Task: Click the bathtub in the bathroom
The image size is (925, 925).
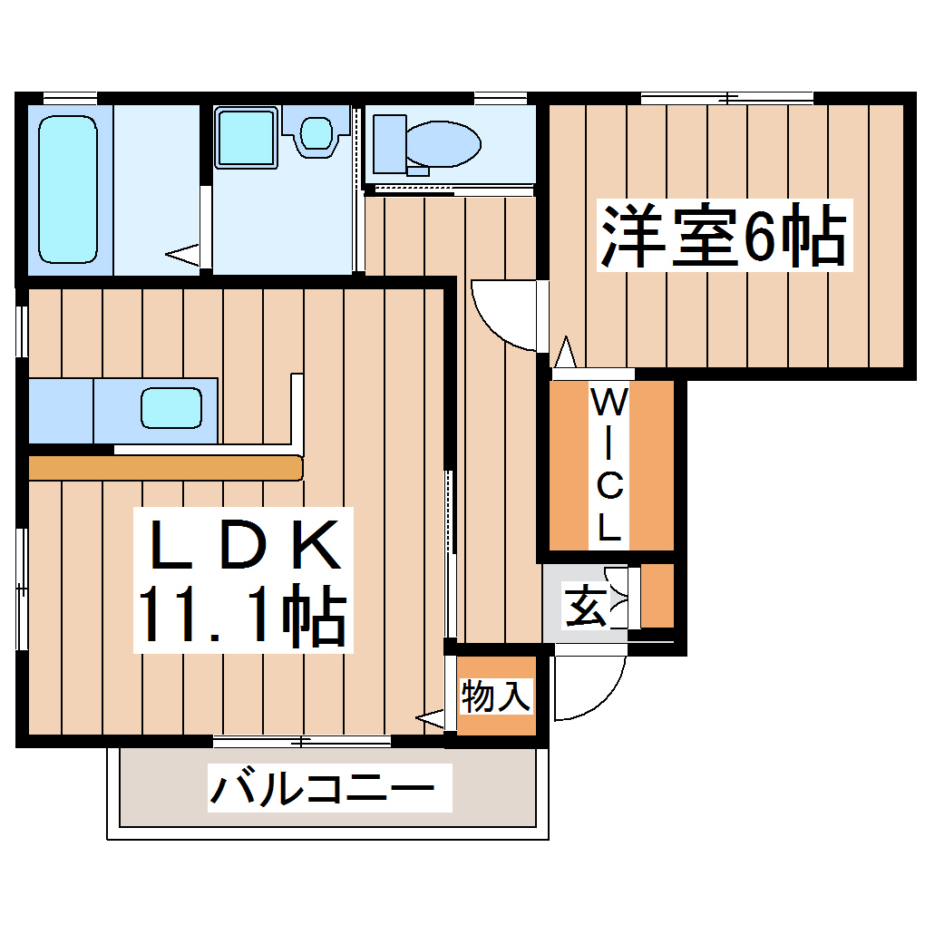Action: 68,189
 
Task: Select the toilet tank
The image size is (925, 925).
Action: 389,143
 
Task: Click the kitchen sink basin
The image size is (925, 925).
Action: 170,408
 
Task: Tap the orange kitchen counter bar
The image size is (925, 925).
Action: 164,467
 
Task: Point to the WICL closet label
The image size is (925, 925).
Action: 609,464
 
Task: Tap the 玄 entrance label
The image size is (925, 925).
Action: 586,605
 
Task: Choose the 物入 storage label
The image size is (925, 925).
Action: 495,697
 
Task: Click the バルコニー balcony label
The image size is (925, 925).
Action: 329,786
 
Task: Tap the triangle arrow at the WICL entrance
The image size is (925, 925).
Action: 566,350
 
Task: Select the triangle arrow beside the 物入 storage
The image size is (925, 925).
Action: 431,719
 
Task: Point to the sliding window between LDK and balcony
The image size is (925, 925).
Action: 302,741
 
